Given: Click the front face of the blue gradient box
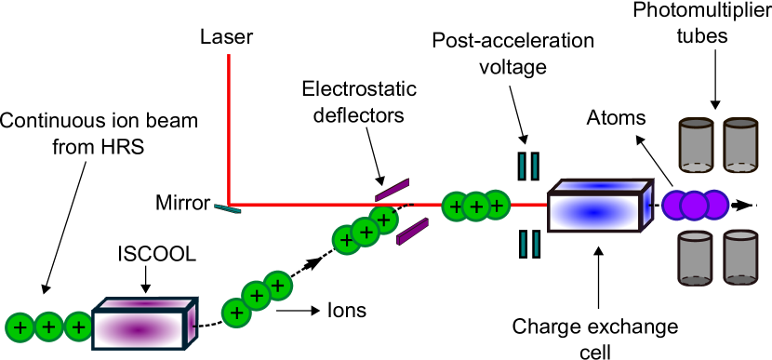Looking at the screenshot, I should (x=594, y=213).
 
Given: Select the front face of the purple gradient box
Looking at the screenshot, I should (x=139, y=330).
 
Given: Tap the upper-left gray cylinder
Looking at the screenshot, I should (x=696, y=146).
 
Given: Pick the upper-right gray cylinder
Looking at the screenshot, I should (x=740, y=146).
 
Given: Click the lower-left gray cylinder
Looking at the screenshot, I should (x=695, y=259).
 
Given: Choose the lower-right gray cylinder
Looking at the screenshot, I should (x=740, y=259).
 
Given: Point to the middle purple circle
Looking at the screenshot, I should (x=695, y=205).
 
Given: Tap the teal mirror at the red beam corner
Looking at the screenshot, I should (x=227, y=209).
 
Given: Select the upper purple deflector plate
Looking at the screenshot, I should (x=392, y=190).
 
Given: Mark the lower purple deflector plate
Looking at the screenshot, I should (x=412, y=232).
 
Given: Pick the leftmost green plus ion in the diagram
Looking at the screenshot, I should (x=20, y=327).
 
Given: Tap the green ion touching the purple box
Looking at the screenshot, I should (x=79, y=327).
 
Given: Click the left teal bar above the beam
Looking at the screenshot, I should (x=522, y=167).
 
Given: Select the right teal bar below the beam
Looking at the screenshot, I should (x=536, y=245).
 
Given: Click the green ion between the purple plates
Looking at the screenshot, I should (x=383, y=220).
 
